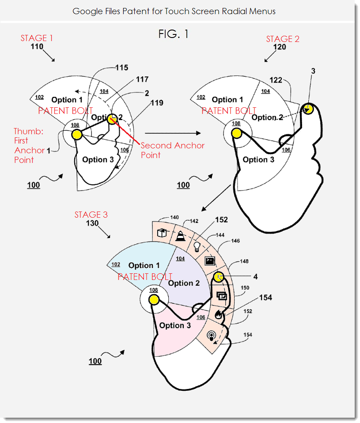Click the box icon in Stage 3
[161, 232]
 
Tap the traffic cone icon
[180, 236]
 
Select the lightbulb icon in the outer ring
[197, 245]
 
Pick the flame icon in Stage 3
[218, 314]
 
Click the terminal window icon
[210, 261]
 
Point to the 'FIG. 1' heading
[174, 34]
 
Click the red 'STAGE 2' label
[283, 39]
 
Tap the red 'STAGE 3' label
[91, 215]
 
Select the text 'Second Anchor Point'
[173, 150]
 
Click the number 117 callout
[142, 79]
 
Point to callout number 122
[277, 79]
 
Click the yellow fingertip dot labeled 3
[307, 109]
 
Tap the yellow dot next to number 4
[219, 277]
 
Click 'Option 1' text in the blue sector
[144, 265]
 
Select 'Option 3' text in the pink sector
[175, 325]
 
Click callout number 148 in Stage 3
[244, 261]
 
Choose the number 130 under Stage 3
[92, 223]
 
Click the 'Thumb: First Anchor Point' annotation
[29, 145]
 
